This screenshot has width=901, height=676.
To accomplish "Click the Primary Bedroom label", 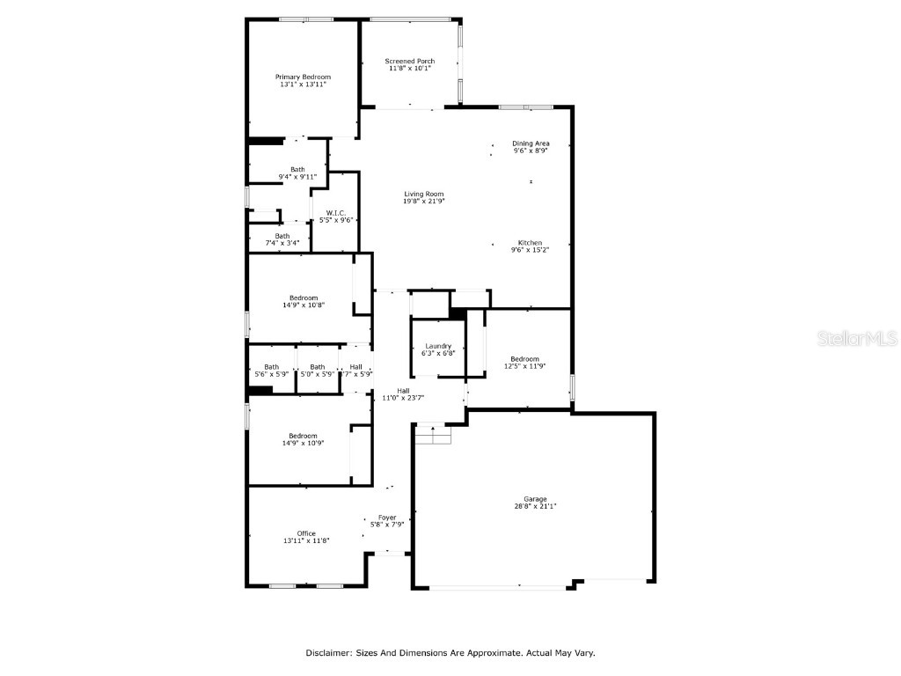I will point(303,77).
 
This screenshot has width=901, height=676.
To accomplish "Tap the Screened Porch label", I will point(409,62).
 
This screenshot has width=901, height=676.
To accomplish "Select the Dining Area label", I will point(531,143).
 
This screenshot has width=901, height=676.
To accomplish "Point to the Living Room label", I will point(424,195).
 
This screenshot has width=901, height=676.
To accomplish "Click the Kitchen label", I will point(530,243).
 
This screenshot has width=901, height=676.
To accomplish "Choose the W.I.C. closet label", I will point(335,213).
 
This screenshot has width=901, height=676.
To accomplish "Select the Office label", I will point(306,533).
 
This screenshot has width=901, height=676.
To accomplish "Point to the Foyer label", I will point(387,518).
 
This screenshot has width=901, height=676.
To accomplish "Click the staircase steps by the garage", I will point(433,434).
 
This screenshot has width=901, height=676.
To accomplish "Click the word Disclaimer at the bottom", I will point(329,653).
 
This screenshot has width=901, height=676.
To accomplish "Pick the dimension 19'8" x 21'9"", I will point(424,202).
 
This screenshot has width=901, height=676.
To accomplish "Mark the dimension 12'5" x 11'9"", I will point(524,365).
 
